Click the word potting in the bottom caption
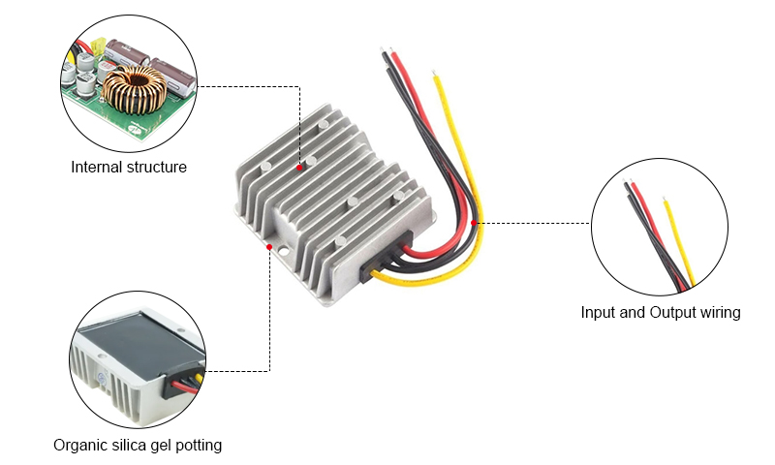pyautogui.click(x=199, y=445)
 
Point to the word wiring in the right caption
pyautogui.click(x=718, y=312)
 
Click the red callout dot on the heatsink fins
pyautogui.click(x=300, y=168)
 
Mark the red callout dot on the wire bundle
pyautogui.click(x=474, y=223)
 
